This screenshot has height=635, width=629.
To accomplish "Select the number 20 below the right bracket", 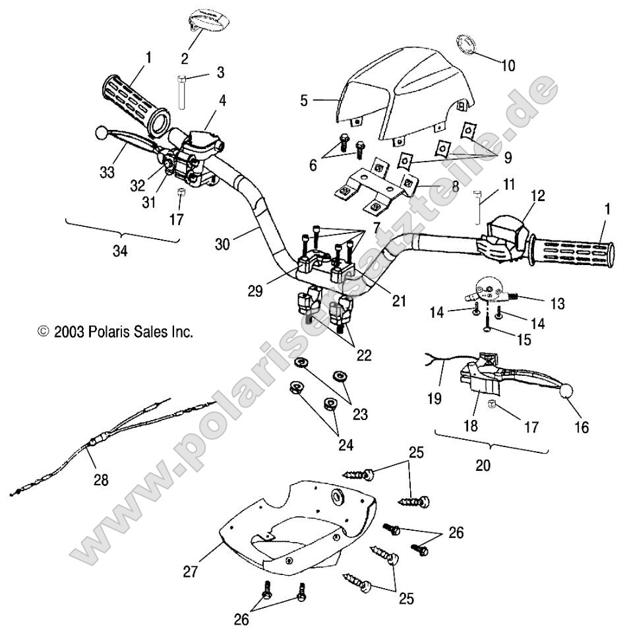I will (483, 465).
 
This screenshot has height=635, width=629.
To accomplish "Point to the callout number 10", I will (508, 66).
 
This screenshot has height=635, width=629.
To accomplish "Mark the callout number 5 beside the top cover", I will (304, 101).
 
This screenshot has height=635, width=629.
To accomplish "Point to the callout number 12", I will (537, 195).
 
